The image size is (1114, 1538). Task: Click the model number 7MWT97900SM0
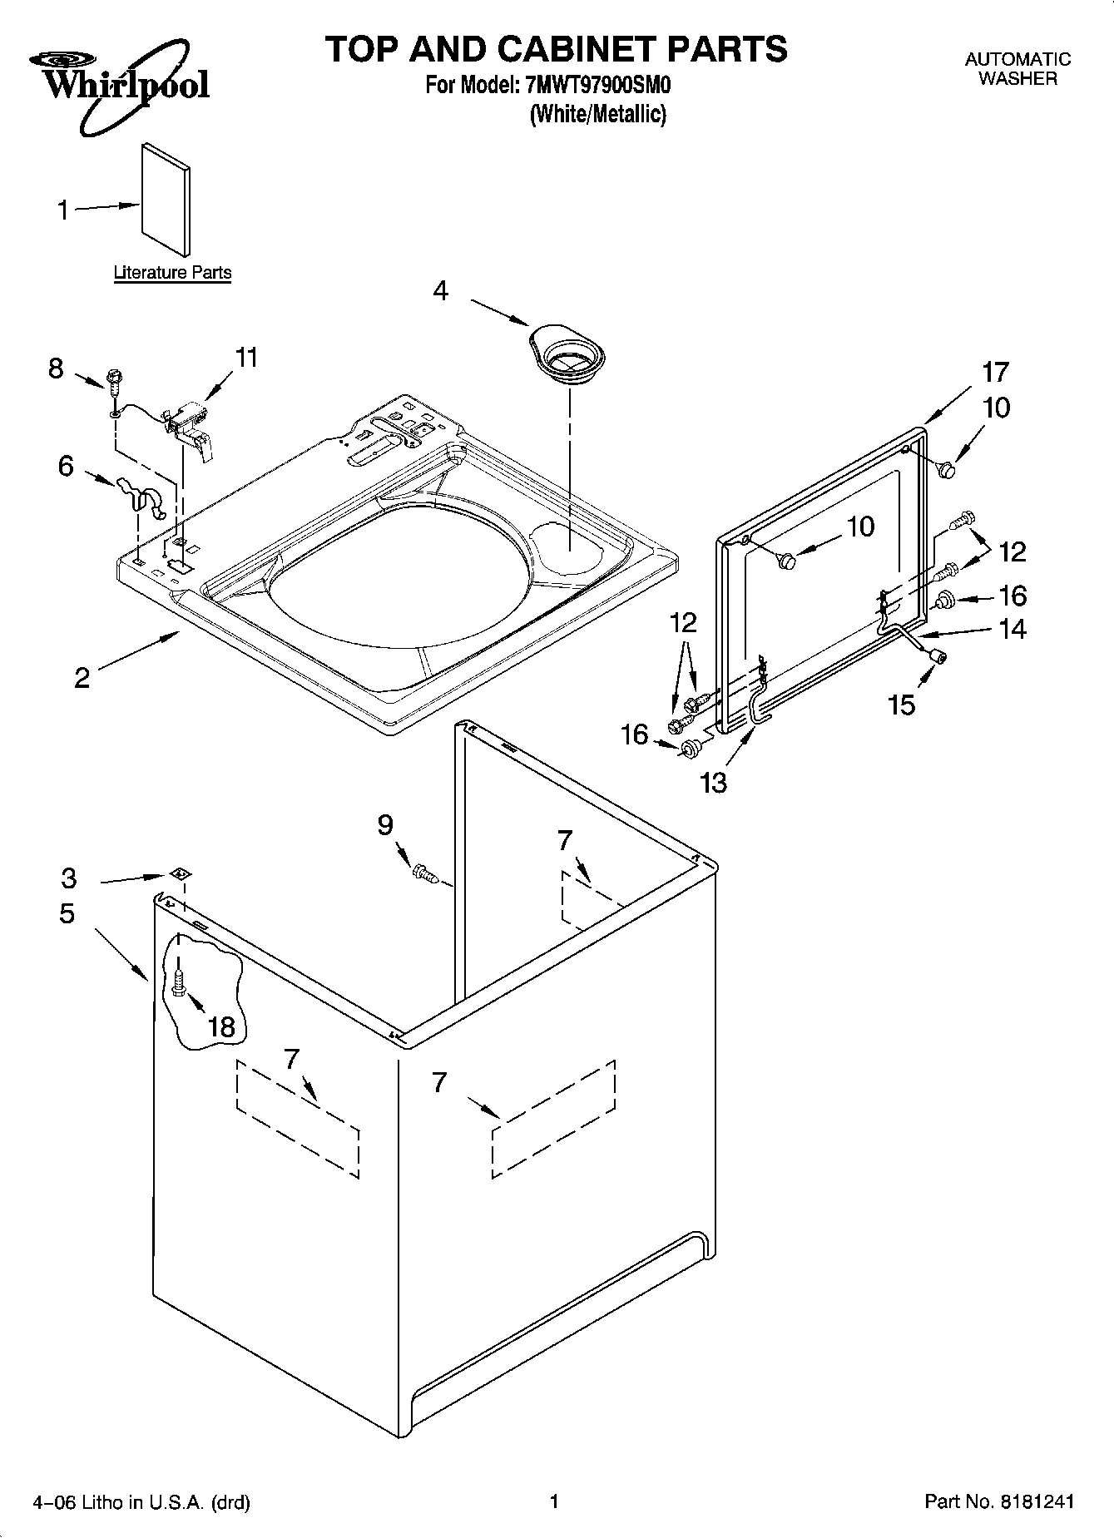[597, 85]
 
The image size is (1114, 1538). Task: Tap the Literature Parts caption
[172, 273]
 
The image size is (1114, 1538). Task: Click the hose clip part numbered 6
[141, 495]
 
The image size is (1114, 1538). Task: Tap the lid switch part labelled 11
[190, 424]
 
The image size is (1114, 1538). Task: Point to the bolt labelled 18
[178, 985]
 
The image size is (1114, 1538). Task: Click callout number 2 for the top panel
[82, 678]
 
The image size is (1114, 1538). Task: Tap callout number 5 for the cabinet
[67, 913]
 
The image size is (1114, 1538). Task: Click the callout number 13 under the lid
[714, 782]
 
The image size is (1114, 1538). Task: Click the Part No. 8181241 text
[998, 1502]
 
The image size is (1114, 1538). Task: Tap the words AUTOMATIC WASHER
[1017, 69]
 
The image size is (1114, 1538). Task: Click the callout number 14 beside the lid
[1012, 629]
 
